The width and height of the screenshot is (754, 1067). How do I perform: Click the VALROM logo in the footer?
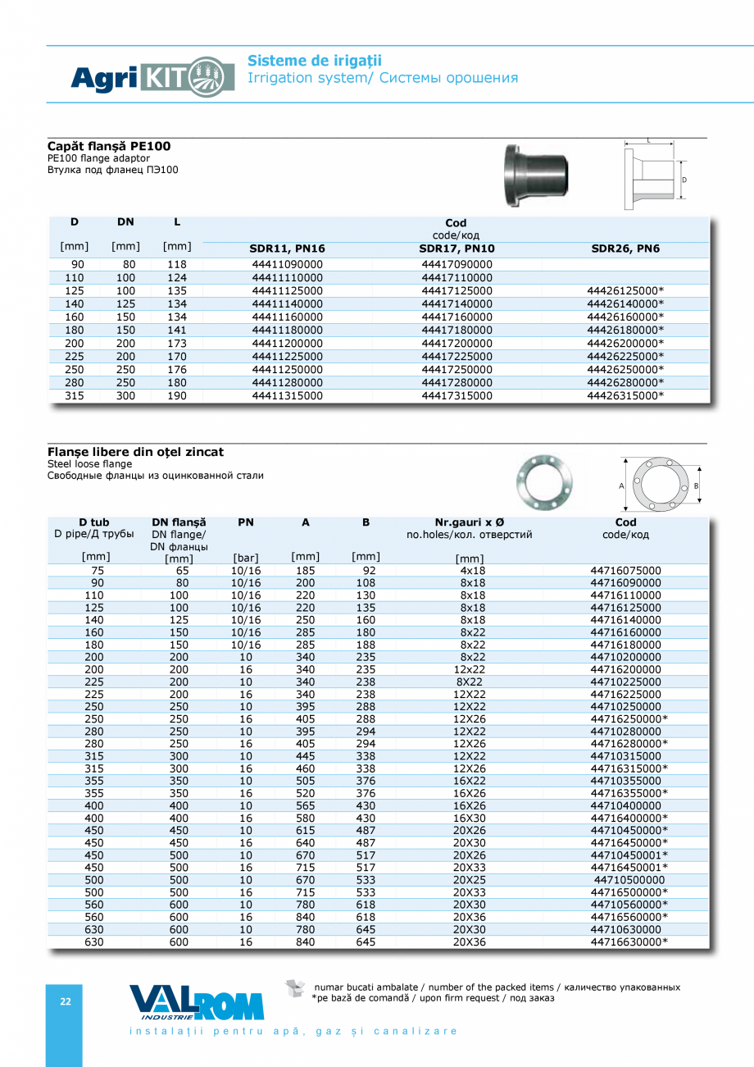point(197,1001)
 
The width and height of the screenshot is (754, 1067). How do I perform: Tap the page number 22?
point(65,1001)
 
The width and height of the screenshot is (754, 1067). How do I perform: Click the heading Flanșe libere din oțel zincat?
point(135,452)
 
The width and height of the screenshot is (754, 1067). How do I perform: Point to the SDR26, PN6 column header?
point(625,249)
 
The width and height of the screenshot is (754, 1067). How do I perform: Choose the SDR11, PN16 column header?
point(287,249)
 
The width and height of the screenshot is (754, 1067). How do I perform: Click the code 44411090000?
point(287,265)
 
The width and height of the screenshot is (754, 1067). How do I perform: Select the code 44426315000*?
point(625,396)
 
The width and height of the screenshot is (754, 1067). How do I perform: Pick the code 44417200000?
point(456,344)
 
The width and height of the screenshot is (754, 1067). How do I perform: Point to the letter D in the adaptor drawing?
point(684,180)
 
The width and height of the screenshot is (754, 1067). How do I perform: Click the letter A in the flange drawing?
point(621,486)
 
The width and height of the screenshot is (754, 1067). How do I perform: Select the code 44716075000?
point(625,570)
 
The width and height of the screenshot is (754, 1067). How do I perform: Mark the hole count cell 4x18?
point(473,570)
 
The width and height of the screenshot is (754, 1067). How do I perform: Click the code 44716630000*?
point(629,942)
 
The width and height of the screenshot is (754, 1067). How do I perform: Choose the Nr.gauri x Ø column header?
point(470,522)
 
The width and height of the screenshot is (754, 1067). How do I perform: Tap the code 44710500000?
point(629,880)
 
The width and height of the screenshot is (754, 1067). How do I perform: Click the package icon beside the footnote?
point(295,989)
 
